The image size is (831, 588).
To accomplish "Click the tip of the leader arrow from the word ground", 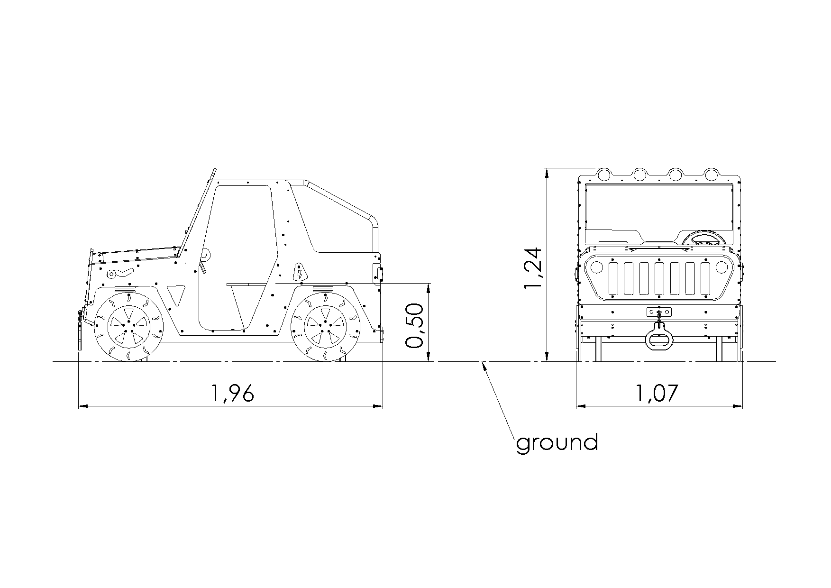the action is click(482, 362).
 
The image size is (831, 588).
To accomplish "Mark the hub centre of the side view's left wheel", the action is click(128, 325).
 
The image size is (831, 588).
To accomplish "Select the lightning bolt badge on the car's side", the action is click(300, 272).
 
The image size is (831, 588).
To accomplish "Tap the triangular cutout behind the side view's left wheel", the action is click(176, 294).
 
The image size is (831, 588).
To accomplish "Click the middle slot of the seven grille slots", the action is click(659, 278).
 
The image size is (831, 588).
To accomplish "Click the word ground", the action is click(557, 442).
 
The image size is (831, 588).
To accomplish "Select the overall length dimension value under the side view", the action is click(232, 393).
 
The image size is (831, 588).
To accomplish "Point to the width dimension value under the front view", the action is click(657, 393).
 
